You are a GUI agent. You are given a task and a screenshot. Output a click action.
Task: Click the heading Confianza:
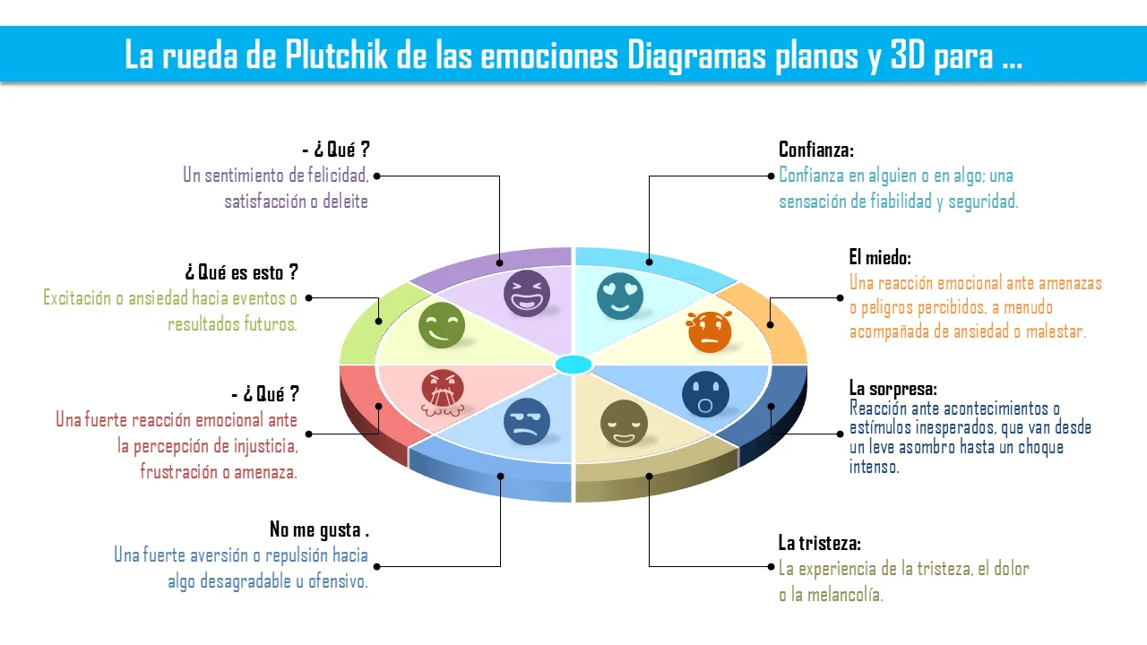tap(815, 150)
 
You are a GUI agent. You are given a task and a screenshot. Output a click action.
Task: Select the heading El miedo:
tap(880, 258)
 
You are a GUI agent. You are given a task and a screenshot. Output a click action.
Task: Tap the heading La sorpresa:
tap(893, 389)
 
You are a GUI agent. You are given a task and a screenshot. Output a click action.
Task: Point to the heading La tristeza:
tap(819, 543)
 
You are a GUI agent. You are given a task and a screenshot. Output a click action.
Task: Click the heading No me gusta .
tap(319, 529)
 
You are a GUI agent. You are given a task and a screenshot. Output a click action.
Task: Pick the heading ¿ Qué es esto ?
tap(241, 271)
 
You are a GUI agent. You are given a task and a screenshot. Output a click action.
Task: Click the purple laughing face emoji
tap(527, 293)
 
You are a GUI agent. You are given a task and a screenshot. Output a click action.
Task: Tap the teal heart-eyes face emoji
tap(620, 295)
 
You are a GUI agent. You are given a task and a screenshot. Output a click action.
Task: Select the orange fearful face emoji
tap(710, 331)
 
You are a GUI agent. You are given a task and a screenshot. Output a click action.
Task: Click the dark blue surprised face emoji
tap(705, 394)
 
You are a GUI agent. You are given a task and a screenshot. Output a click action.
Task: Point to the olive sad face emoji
tap(623, 423)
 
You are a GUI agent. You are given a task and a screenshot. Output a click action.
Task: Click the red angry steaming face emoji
tap(444, 393)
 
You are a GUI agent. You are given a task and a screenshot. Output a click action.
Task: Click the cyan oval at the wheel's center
tap(573, 365)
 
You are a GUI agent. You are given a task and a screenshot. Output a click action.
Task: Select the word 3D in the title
tap(910, 56)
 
